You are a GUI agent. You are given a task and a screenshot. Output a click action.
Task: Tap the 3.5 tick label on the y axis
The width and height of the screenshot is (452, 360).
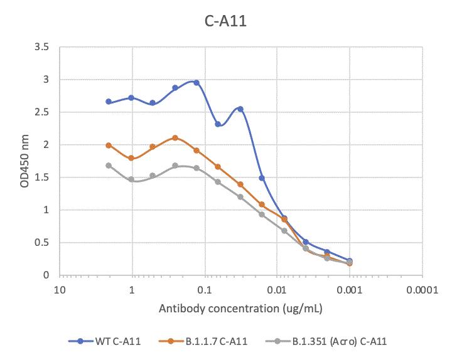43,47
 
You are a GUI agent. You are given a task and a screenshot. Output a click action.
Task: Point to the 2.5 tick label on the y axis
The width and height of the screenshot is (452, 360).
43,112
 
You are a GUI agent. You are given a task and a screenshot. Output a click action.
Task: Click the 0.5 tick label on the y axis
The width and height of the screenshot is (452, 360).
43,243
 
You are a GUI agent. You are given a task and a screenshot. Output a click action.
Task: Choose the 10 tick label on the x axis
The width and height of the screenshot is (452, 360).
59,290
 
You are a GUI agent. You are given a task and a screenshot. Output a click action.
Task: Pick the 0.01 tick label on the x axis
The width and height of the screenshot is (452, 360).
276,290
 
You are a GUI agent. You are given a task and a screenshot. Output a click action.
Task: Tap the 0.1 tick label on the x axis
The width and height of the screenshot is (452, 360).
204,290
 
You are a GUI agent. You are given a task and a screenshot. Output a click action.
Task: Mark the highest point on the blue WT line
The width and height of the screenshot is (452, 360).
196,83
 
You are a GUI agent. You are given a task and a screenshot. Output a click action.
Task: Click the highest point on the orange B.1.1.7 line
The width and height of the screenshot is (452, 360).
175,138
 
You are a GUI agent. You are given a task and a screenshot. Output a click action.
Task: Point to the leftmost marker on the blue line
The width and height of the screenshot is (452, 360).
109,102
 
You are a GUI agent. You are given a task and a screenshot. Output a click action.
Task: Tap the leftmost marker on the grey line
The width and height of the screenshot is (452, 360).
109,166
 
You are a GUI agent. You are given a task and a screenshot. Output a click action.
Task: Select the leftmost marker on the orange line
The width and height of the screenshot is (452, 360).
109,146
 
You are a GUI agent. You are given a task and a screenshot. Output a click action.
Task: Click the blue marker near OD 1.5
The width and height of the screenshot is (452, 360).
262,178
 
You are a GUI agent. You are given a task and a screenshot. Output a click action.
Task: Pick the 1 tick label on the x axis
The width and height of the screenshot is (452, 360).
132,290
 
